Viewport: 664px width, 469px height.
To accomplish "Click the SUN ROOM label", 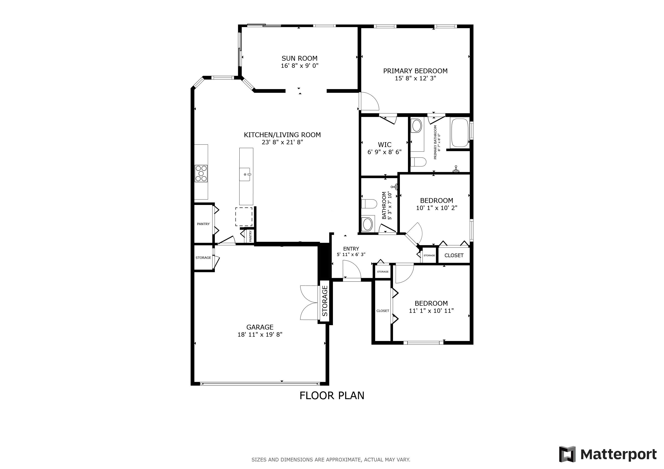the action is tap(300, 58).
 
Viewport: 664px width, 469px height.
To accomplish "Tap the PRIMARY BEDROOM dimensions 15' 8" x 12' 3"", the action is tap(415, 78).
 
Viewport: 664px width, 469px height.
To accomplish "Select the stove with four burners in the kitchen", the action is tap(201, 173).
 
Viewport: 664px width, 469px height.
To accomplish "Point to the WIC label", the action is tap(385, 145).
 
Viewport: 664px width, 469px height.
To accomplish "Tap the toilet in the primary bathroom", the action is tap(418, 162).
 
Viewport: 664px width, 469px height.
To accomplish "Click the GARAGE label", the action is tap(260, 327).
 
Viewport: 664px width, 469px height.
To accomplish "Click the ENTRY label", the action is tap(351, 249).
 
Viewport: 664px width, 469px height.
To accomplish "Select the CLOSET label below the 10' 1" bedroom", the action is tap(454, 256).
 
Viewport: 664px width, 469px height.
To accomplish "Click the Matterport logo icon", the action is tap(567, 454).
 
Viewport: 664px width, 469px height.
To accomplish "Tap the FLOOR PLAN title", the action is tap(332, 396).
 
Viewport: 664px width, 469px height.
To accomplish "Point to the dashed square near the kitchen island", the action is tap(244, 217).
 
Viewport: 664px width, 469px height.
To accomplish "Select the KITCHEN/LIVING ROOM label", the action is tap(282, 135).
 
